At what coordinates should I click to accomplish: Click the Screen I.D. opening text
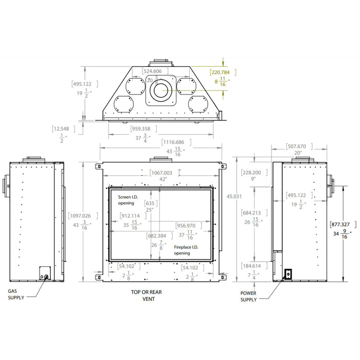[129, 200]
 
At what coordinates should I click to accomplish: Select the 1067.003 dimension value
[161, 173]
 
